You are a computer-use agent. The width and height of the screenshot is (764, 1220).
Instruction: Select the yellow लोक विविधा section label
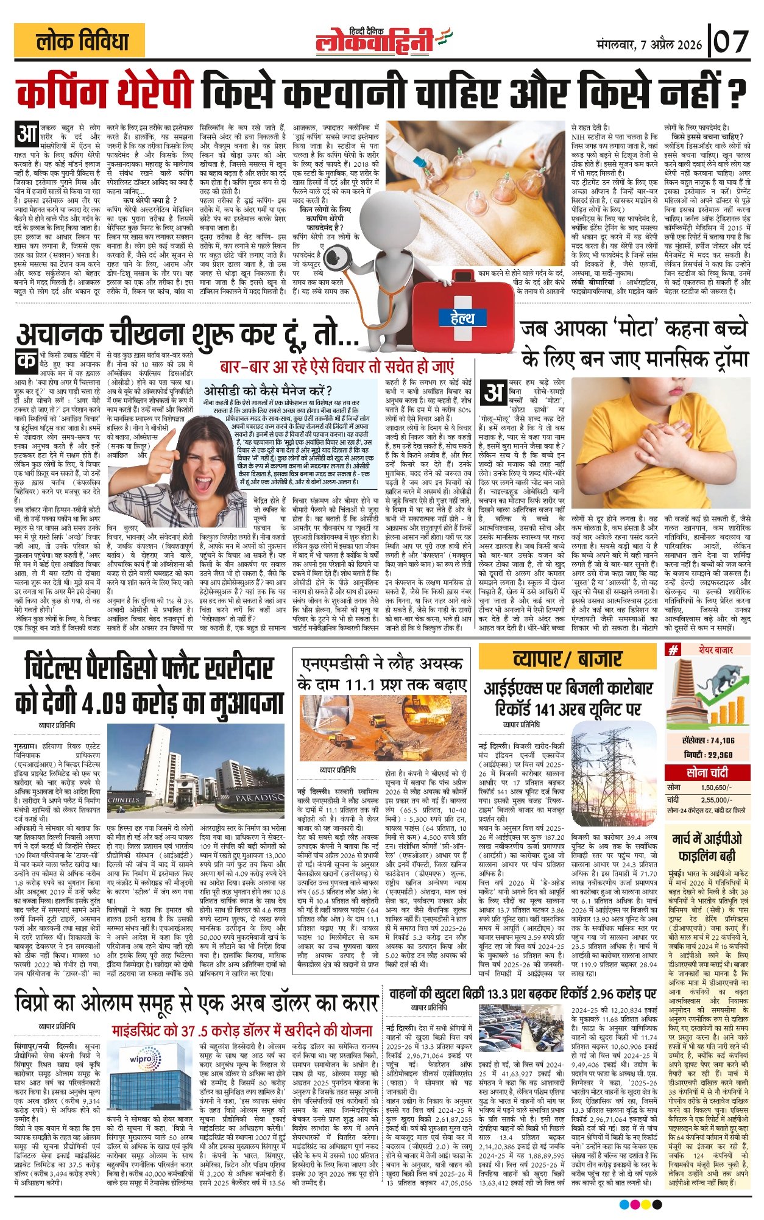[82, 43]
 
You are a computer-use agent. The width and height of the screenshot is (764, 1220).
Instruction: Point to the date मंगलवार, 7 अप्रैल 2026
[649, 45]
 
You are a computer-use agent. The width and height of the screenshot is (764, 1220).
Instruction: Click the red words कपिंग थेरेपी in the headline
[107, 93]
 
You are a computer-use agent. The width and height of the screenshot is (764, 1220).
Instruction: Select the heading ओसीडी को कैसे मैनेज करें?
[268, 390]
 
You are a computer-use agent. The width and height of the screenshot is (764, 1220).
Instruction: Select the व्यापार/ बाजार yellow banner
[567, 659]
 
